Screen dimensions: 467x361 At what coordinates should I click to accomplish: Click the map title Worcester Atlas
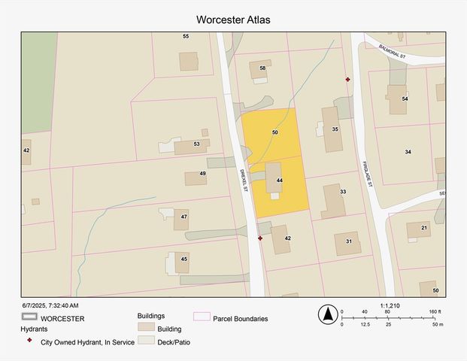232,20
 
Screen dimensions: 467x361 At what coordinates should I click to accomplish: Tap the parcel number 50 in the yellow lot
275,132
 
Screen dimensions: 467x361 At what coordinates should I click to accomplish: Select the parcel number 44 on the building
279,180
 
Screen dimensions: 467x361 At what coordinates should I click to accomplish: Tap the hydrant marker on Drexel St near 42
260,238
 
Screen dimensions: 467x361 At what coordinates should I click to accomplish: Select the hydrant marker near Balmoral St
347,79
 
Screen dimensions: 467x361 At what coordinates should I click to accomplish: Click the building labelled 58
260,69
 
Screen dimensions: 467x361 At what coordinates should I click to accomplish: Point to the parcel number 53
196,143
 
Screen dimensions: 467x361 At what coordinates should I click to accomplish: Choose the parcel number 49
202,174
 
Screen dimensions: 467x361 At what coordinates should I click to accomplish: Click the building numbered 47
182,219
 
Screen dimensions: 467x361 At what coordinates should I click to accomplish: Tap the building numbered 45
183,262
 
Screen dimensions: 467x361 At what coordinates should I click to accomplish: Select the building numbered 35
331,129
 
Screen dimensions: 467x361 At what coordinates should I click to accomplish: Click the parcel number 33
342,192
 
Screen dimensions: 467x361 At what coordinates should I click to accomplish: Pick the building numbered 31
347,242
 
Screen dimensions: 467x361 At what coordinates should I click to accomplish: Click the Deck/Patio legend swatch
146,341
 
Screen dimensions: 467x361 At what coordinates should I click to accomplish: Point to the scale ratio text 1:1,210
390,305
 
